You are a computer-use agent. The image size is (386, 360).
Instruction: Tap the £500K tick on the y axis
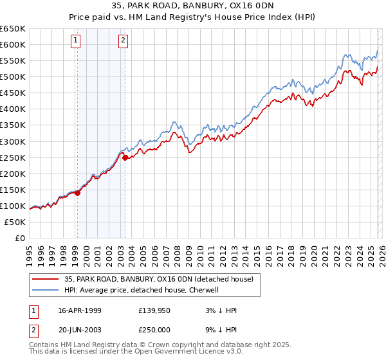point(13,76)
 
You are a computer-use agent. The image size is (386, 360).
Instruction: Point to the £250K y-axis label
point(13,157)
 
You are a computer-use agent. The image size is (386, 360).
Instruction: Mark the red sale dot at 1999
point(78,193)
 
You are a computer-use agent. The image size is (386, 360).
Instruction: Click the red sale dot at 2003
point(125,157)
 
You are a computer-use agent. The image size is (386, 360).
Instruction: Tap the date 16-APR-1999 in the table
point(79,310)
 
